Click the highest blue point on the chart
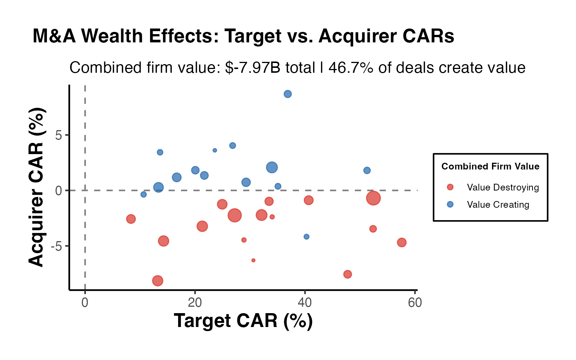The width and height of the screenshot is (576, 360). pyautogui.click(x=288, y=94)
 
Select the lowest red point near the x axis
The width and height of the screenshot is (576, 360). pyautogui.click(x=157, y=280)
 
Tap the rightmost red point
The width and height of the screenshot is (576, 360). pyautogui.click(x=402, y=243)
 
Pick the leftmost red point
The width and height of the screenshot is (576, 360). pyautogui.click(x=131, y=219)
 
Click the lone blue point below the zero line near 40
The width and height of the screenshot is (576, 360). pyautogui.click(x=306, y=237)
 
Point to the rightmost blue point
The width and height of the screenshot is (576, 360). pyautogui.click(x=367, y=171)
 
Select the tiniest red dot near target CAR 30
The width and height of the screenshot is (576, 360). pyautogui.click(x=253, y=260)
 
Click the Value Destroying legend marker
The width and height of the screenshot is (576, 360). pyautogui.click(x=450, y=187)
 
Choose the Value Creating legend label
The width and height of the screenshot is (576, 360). pyautogui.click(x=498, y=205)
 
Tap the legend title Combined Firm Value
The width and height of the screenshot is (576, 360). pyautogui.click(x=490, y=166)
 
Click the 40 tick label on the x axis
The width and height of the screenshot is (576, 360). pyautogui.click(x=305, y=303)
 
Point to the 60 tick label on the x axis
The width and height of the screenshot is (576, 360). pyautogui.click(x=415, y=303)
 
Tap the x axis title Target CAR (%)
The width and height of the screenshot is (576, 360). pyautogui.click(x=243, y=321)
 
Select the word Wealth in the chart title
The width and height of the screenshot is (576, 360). pyautogui.click(x=112, y=36)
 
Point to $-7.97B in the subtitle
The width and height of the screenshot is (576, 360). pyautogui.click(x=253, y=68)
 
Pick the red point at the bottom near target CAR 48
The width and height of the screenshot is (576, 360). pyautogui.click(x=348, y=274)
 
